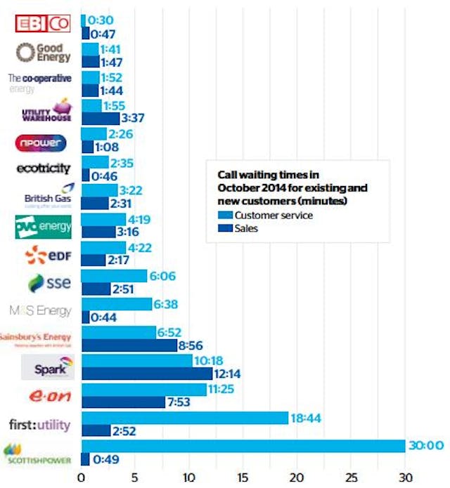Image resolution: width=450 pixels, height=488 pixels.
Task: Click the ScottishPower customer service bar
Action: coord(243,446)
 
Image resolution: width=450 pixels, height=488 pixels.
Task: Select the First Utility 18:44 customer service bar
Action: coord(185,418)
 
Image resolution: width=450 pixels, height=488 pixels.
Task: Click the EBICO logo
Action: coord(44,23)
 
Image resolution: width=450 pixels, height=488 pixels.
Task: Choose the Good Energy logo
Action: coord(44,51)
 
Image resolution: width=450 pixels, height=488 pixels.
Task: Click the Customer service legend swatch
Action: coord(224,215)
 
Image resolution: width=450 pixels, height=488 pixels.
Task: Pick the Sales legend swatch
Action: coord(224,227)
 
